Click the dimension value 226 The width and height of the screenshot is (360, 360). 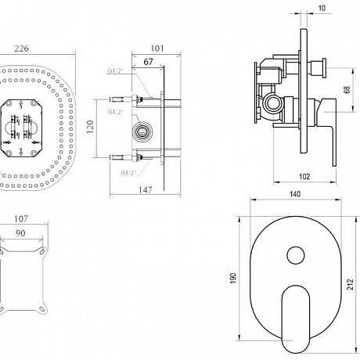pos(21,49)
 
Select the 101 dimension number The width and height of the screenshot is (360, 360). pos(157,49)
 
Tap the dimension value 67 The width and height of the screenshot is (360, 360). pos(148,62)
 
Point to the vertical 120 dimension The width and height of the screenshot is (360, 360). pos(90,127)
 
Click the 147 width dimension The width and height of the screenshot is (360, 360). pos(145,190)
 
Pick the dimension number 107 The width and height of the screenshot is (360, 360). pos(20,218)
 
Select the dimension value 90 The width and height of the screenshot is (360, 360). pos(20,233)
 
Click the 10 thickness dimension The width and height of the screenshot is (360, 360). pos(322,8)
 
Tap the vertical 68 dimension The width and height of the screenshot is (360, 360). pos(347,89)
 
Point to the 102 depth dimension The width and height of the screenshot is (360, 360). pos(304,177)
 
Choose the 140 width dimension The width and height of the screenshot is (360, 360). pos(295,194)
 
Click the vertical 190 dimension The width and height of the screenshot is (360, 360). pos(233,278)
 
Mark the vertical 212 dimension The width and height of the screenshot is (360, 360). pos(351,284)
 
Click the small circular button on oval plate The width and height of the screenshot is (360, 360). pos(296,255)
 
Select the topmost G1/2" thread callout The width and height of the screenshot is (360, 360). pos(115,70)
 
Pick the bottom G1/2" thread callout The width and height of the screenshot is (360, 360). pos(128,173)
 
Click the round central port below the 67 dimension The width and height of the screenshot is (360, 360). pos(142,131)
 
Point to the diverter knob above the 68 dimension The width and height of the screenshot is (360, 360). pos(317,67)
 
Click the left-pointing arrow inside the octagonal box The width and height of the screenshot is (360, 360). pos(36,142)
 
